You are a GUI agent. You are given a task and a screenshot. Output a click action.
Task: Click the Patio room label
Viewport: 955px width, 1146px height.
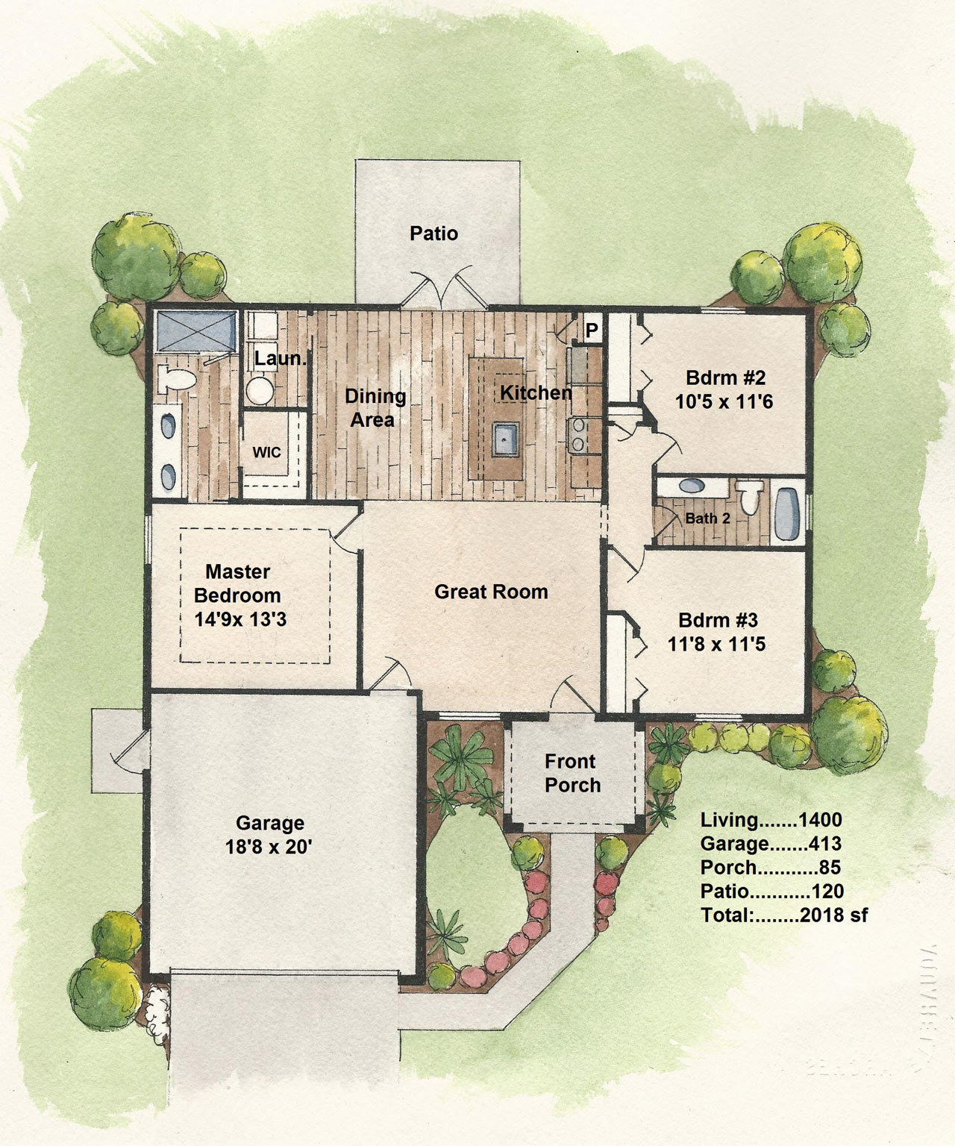[433, 234]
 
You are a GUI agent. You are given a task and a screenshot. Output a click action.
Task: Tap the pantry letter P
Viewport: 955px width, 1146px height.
[592, 331]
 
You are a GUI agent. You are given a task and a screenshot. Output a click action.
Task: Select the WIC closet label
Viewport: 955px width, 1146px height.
[267, 452]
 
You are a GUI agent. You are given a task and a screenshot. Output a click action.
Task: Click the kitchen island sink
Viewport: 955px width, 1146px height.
[505, 439]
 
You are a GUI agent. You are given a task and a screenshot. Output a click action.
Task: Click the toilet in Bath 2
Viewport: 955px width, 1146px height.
[750, 496]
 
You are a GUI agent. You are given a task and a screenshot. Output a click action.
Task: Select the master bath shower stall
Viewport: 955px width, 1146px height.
[196, 331]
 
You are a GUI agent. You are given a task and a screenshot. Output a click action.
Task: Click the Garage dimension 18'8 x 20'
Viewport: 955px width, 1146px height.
[269, 847]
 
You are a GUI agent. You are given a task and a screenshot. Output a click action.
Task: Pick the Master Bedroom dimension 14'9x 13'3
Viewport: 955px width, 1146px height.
[240, 619]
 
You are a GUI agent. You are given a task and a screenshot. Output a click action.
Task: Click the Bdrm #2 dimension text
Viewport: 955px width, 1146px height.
[724, 401]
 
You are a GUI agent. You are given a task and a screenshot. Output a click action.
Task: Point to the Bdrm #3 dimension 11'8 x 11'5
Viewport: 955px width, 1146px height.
[716, 644]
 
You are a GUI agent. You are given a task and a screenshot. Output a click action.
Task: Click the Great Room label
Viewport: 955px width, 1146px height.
[491, 592]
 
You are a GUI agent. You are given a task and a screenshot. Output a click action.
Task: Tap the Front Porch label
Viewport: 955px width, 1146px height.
[572, 774]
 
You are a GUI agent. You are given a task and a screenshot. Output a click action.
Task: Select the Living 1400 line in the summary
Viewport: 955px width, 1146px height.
[771, 820]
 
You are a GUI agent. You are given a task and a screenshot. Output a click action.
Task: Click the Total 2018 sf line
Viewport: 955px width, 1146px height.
[784, 915]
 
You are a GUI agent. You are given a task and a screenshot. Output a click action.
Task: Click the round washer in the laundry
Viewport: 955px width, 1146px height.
[260, 390]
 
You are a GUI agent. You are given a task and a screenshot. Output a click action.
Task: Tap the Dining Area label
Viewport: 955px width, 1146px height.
[375, 408]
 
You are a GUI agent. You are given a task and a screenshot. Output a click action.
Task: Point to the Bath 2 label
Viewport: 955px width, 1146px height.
[707, 518]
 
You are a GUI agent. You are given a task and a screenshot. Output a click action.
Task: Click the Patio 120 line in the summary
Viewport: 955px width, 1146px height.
[772, 892]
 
